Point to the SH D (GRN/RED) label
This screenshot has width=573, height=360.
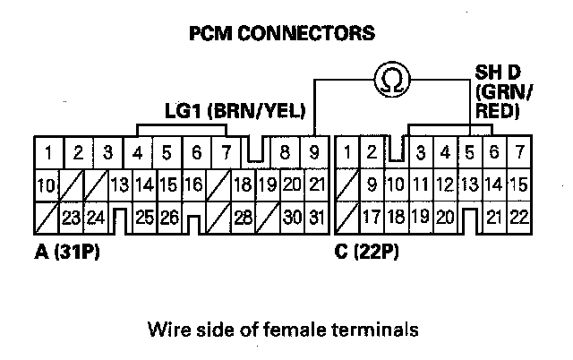[x=507, y=90]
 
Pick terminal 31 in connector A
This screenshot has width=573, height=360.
[x=316, y=216]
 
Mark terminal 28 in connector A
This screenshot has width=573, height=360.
[x=242, y=216]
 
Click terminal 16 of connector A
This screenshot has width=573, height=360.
[x=190, y=185]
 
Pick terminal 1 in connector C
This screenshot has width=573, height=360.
[x=347, y=151]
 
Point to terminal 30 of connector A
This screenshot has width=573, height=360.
[x=290, y=216]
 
